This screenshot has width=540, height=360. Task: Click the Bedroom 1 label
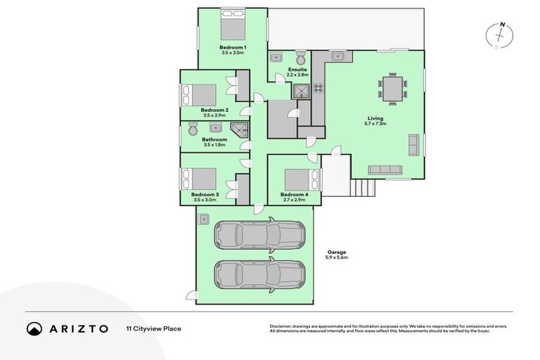[x=233, y=47]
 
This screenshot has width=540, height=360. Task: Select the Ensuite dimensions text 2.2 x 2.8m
[x=297, y=74]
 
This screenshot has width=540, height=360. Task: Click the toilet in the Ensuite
[x=300, y=57]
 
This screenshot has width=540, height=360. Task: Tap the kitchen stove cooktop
[x=318, y=89]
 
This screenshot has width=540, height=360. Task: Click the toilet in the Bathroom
[x=193, y=129]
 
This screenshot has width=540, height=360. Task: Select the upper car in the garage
[x=259, y=235]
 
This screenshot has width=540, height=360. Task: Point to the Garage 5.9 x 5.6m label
[x=336, y=255]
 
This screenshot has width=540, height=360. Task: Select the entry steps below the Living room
[x=364, y=188]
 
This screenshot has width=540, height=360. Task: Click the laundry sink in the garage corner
[x=204, y=219]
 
